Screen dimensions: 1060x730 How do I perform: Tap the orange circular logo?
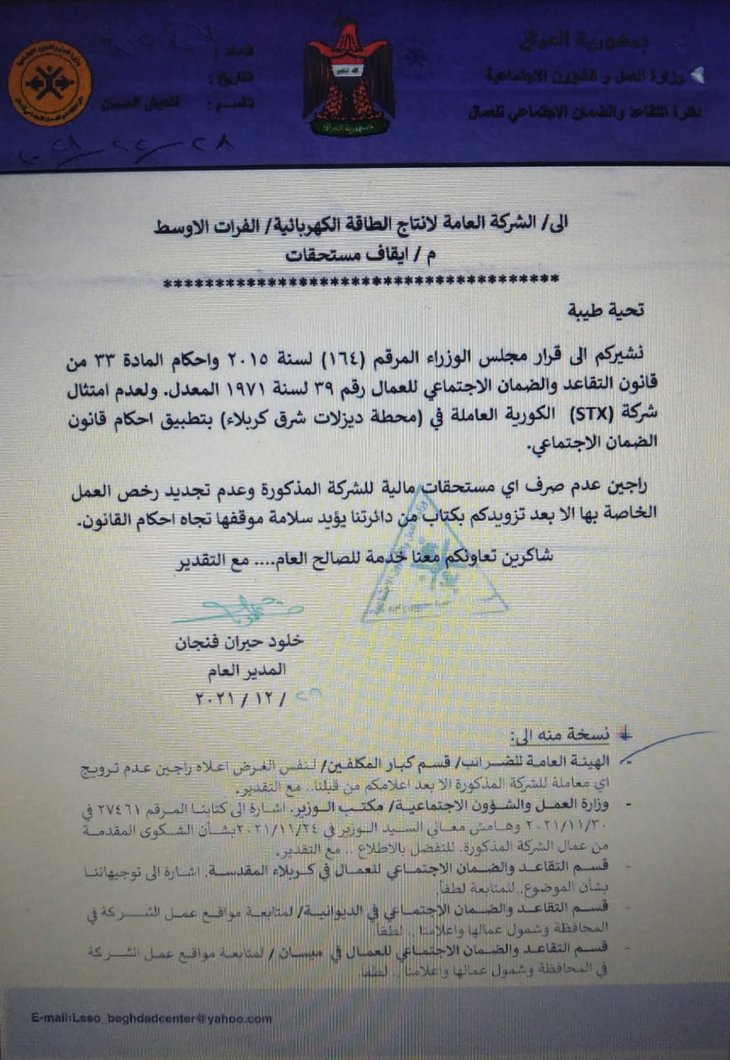50,84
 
